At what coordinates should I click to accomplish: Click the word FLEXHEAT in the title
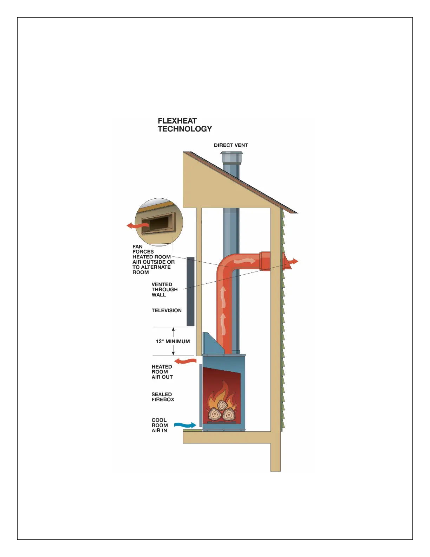(x=177, y=121)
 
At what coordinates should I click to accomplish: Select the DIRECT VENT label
(x=231, y=145)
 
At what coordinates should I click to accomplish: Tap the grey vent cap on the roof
(x=231, y=157)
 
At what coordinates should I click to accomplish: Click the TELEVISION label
(x=167, y=310)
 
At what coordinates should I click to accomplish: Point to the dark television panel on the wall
(x=190, y=292)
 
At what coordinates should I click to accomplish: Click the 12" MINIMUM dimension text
(x=173, y=341)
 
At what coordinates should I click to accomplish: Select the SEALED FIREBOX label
(x=163, y=397)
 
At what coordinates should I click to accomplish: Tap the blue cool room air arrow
(x=185, y=425)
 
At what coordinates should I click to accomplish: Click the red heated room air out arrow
(x=185, y=361)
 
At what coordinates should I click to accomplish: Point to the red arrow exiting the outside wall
(x=292, y=262)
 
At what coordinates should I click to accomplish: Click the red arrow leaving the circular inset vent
(x=135, y=225)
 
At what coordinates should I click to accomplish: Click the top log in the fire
(x=222, y=406)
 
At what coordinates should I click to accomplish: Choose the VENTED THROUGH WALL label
(x=164, y=290)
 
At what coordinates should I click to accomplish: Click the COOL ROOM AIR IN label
(x=159, y=425)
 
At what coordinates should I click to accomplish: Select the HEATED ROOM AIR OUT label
(x=162, y=372)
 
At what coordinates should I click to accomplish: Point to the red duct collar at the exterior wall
(x=265, y=261)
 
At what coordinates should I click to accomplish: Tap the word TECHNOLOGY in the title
(x=185, y=129)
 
